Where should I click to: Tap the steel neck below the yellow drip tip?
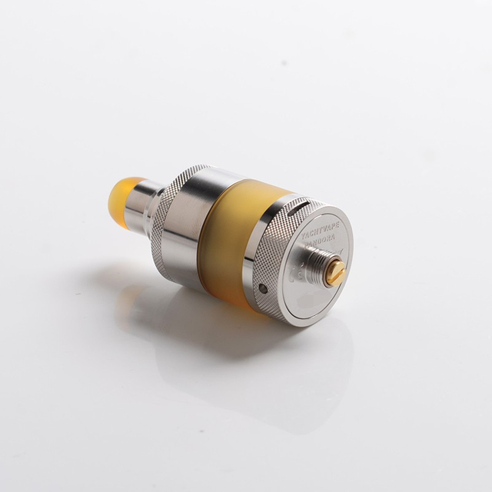click(x=154, y=202)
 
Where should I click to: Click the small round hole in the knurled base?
click(x=264, y=289)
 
